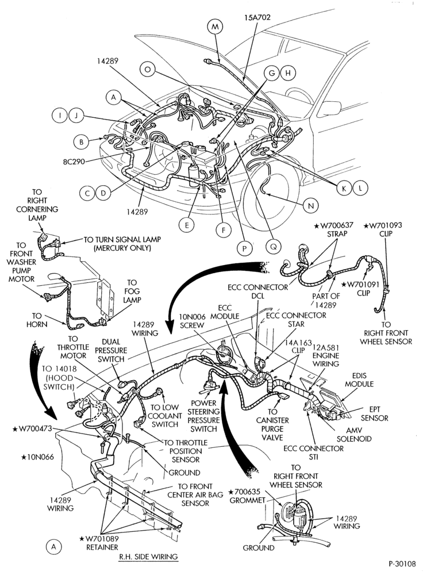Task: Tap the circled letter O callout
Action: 147,70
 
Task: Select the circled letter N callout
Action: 311,206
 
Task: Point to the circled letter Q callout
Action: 274,247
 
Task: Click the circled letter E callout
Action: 187,225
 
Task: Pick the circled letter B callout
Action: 82,142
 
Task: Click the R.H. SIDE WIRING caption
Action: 148,557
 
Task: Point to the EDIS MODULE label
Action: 359,380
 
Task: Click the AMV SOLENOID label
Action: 353,435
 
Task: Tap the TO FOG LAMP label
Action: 132,292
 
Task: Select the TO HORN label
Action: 37,320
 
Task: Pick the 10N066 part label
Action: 37,457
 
